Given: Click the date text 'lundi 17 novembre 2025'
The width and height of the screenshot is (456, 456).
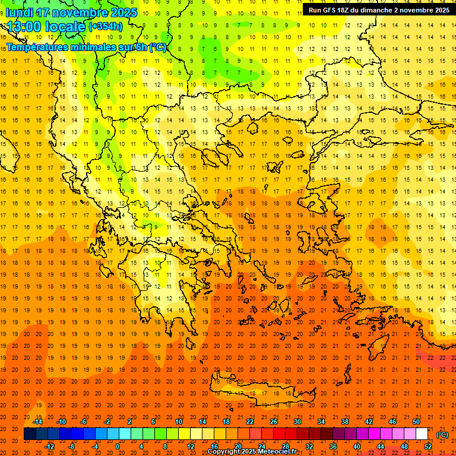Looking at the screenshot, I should pyautogui.click(x=71, y=12).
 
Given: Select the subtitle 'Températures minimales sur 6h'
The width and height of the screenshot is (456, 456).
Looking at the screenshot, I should pyautogui.click(x=77, y=47).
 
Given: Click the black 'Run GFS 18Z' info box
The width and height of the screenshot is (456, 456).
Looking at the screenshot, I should pyautogui.click(x=378, y=9).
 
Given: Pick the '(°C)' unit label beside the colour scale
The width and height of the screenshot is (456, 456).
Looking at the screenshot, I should pyautogui.click(x=442, y=435).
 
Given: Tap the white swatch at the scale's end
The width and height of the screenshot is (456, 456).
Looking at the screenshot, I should pyautogui.click(x=422, y=434).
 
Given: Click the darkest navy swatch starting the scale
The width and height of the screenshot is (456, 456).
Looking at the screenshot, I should pyautogui.click(x=30, y=434).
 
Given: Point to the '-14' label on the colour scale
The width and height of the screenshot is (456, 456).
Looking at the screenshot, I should pyautogui.click(x=38, y=422).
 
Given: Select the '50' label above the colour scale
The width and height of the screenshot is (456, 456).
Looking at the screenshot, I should pyautogui.click(x=416, y=422).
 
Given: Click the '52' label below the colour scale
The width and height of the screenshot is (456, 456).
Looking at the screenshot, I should pyautogui.click(x=428, y=446).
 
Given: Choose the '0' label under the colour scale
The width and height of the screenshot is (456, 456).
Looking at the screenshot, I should pyautogui.click(x=118, y=446).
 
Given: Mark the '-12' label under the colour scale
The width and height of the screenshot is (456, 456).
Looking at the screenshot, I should pyautogui.click(x=50, y=446).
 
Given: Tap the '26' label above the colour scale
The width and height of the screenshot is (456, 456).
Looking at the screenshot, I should pyautogui.click(x=274, y=422).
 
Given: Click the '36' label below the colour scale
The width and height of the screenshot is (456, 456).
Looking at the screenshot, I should pyautogui.click(x=333, y=446).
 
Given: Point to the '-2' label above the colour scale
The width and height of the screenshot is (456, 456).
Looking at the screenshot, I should pyautogui.click(x=107, y=422).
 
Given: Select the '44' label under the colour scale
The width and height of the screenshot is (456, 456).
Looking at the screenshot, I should pyautogui.click(x=381, y=446).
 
